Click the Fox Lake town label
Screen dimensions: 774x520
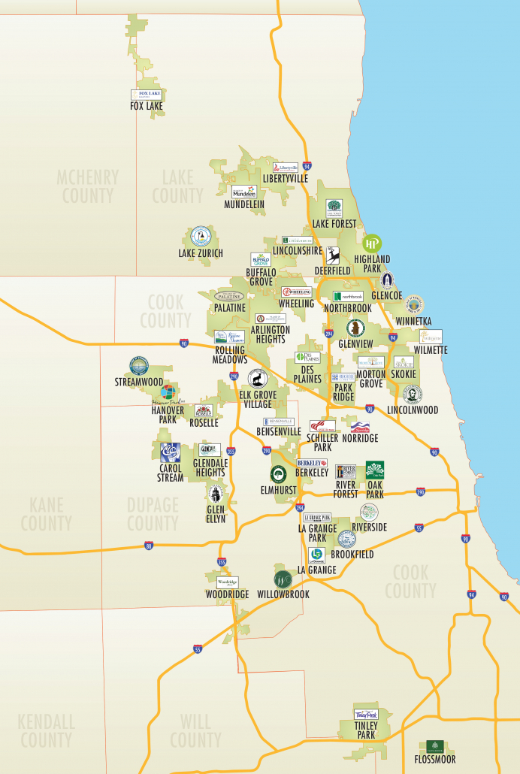pyautogui.click(x=146, y=107)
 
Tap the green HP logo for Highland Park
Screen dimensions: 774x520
pyautogui.click(x=372, y=243)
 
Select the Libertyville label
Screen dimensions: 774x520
pyautogui.click(x=286, y=179)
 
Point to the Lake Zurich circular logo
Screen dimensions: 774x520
pyautogui.click(x=201, y=237)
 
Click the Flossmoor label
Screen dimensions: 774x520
pyautogui.click(x=435, y=760)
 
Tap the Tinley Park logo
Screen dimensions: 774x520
pyautogui.click(x=365, y=715)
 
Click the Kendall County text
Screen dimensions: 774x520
pyautogui.click(x=47, y=731)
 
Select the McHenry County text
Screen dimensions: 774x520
pyautogui.click(x=88, y=186)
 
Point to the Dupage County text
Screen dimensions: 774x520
pyautogui.click(x=153, y=513)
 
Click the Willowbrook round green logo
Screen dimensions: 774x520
pyautogui.click(x=283, y=579)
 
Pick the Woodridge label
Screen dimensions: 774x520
pyautogui.click(x=227, y=594)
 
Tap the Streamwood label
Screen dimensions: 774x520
pyautogui.click(x=138, y=382)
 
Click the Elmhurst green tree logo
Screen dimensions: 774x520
pyautogui.click(x=279, y=474)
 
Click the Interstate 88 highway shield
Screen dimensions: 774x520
pyautogui.click(x=150, y=546)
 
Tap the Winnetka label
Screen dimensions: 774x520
pyautogui.click(x=413, y=322)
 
